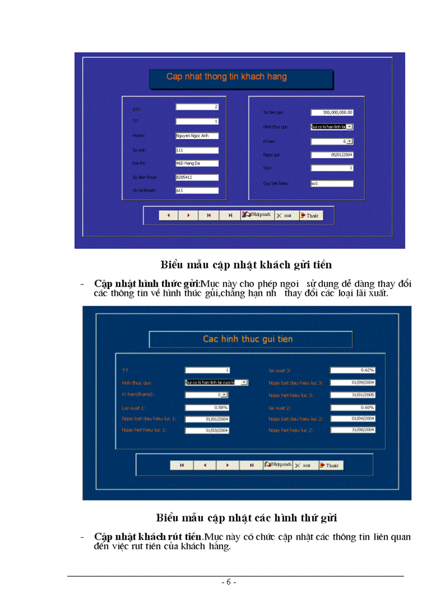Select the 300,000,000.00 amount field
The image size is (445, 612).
332,112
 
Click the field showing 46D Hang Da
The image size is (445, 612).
197,163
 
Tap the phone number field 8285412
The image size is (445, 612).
197,177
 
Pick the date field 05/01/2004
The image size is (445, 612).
332,155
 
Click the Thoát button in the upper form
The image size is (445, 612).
309,215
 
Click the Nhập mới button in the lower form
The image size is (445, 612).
278,465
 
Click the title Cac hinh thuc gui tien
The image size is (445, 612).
248,339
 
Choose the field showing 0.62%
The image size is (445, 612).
352,370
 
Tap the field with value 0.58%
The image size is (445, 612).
207,407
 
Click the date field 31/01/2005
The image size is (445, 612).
352,395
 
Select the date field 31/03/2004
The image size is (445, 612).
207,430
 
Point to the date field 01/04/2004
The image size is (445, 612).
352,419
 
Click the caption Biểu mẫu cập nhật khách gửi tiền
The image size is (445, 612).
246,265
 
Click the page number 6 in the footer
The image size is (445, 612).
229,583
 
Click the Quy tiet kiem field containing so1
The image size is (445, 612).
332,183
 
